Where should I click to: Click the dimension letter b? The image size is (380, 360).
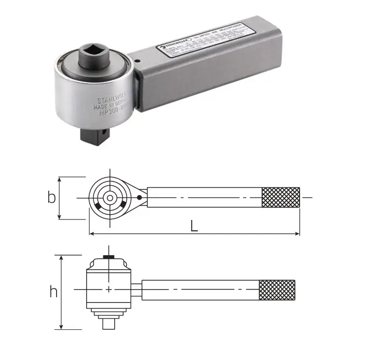(x=51, y=198)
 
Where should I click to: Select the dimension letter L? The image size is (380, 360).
(x=194, y=226)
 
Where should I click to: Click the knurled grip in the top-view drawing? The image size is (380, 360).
(x=281, y=198)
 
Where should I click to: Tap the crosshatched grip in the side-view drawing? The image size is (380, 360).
(x=277, y=289)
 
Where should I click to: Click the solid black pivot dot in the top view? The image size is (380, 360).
(x=139, y=198)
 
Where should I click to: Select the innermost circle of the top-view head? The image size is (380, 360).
(x=109, y=198)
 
